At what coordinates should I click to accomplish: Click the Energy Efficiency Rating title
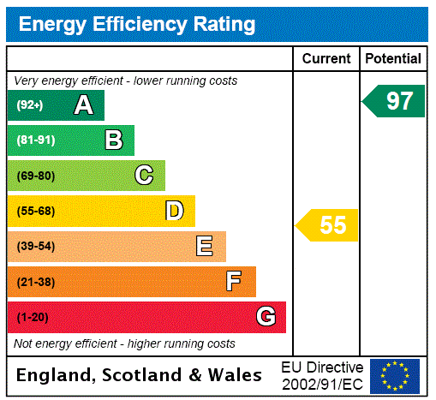point(137,25)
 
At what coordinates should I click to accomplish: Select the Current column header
point(326,59)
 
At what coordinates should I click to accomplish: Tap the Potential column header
point(393,59)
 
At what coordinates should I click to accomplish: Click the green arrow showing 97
point(395,101)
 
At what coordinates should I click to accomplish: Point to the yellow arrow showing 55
point(329,225)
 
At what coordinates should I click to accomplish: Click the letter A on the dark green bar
point(83,105)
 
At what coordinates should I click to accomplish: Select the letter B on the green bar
point(113,140)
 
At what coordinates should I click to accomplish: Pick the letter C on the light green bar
point(144,176)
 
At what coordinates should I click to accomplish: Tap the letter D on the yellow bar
point(174,211)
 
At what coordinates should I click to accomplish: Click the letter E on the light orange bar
point(204,247)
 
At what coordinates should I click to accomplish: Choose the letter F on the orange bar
point(233,282)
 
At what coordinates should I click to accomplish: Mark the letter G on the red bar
point(266,317)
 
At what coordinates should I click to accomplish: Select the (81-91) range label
point(35,140)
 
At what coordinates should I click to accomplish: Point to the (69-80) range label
point(35,176)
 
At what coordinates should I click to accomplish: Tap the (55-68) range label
point(35,212)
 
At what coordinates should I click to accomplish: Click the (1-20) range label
point(33,318)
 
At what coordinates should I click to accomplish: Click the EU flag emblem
point(395,376)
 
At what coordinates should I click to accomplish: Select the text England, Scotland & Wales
point(140,375)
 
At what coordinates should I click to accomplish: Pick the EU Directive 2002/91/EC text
point(322,375)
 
